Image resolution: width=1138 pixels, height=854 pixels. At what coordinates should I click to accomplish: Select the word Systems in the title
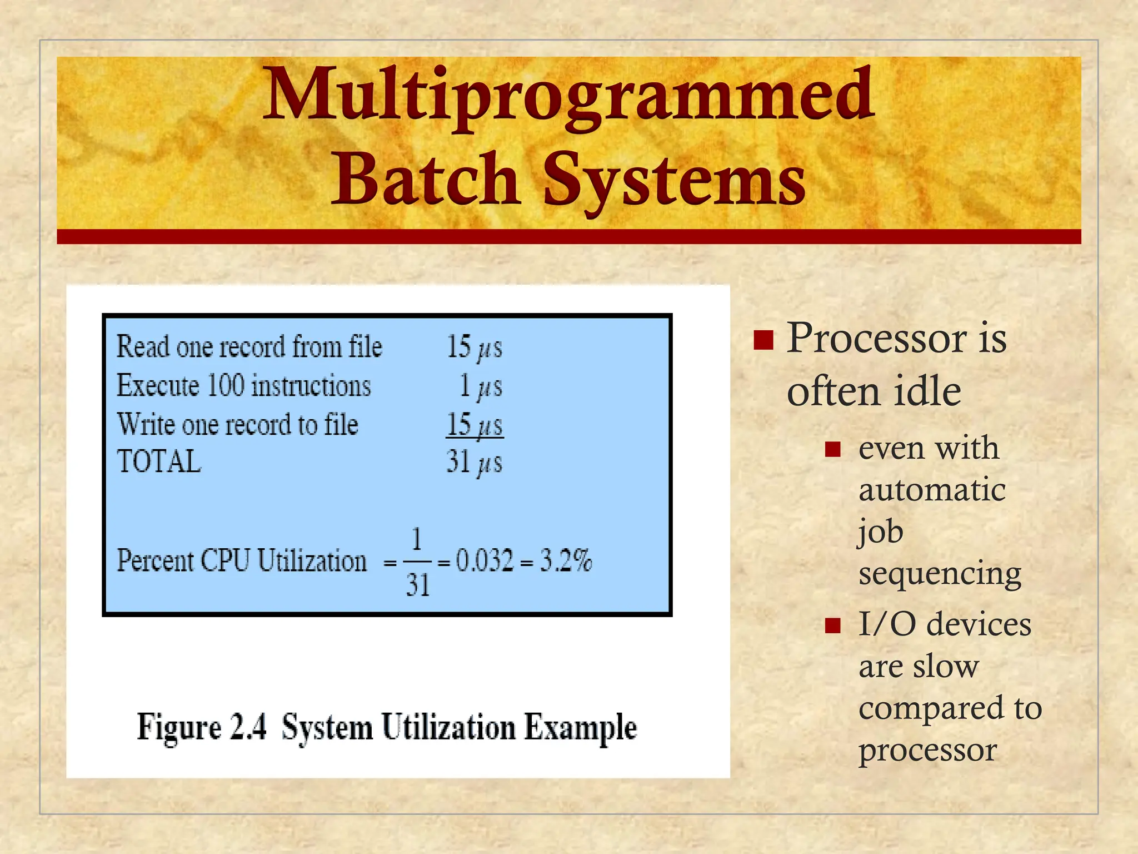tap(673, 179)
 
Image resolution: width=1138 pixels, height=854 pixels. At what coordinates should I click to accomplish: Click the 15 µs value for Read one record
tap(474, 347)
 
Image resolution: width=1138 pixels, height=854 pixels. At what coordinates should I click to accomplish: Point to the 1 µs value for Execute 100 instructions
tap(481, 386)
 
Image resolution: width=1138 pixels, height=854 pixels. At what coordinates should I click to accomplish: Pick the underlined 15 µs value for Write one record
tap(475, 425)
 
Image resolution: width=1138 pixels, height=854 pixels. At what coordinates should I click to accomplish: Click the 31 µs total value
tap(474, 462)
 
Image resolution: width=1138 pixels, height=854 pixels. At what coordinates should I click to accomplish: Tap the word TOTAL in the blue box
tap(159, 462)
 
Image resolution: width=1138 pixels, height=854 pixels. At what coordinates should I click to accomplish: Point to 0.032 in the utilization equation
tap(485, 560)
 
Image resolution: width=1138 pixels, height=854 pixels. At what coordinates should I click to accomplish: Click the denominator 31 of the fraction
tap(417, 585)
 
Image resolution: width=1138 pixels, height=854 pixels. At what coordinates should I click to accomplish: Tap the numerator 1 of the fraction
tap(417, 539)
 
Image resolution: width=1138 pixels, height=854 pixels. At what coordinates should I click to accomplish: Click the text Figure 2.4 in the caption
tap(202, 727)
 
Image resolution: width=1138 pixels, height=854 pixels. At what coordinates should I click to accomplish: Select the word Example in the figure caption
tap(580, 727)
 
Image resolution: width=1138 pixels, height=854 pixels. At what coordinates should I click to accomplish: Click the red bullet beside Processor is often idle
tap(763, 339)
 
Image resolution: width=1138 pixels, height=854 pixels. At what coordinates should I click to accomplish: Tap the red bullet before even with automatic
tap(832, 449)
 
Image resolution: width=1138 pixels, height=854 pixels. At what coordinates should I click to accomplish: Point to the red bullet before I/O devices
tap(832, 625)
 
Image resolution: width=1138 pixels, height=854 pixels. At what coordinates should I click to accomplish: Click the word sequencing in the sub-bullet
tap(940, 574)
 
